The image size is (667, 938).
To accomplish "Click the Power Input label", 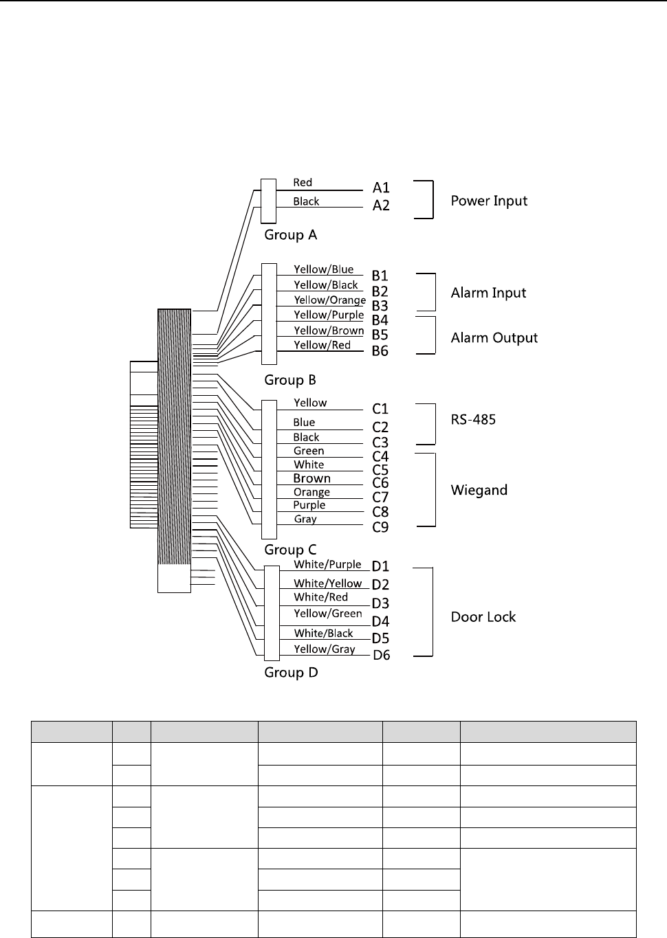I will coord(489,201).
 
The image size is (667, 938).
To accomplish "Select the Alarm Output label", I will coord(494,337).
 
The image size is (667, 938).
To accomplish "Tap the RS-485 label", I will coord(473,419).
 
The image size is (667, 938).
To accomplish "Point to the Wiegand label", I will coord(479,490).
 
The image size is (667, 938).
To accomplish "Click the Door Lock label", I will coord(483,616).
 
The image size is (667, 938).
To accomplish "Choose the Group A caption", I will coord(291,235).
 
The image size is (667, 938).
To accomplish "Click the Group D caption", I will coord(291,672).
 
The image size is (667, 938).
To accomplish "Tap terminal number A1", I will coord(381,188).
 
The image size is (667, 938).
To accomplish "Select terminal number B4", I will coord(380,320).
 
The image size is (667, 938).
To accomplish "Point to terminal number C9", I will coord(380,527).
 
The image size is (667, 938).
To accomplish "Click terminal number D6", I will coord(381,655).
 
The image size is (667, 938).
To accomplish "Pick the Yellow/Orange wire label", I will coord(329,300).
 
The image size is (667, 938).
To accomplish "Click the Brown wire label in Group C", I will coord(311,478).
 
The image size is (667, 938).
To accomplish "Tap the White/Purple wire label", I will coord(327,564).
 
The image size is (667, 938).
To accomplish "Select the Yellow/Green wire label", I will coord(328,613).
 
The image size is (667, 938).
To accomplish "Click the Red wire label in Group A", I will coord(303,182).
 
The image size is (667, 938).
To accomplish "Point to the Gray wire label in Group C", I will coord(305,519).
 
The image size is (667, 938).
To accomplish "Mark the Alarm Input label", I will coord(488,293).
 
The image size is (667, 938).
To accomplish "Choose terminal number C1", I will coord(380,409).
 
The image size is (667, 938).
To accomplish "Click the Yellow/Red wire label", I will coord(322,345).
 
